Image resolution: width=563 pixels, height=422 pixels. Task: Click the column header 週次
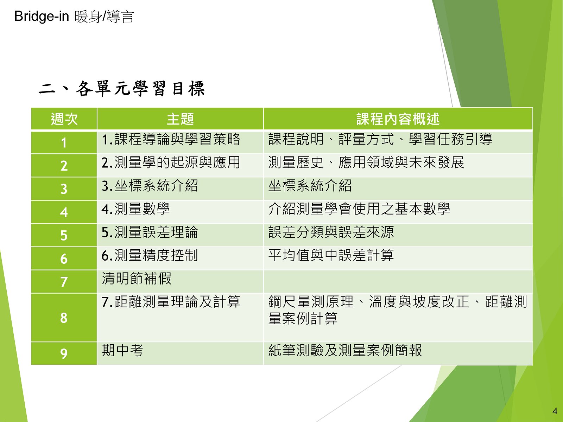(64, 119)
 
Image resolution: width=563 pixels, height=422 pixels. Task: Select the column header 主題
(180, 119)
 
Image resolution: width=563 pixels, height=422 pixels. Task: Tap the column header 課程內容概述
(398, 119)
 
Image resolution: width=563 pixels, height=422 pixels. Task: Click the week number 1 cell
(64, 143)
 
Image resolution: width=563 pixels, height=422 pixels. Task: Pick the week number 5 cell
(64, 235)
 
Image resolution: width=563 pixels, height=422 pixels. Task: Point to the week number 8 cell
(64, 318)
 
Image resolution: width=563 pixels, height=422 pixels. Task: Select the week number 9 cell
(64, 353)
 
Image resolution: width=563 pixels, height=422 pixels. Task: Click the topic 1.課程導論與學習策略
(171, 139)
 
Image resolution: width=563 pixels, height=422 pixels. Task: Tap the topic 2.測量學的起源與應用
(171, 162)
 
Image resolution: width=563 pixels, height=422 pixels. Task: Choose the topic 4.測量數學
(136, 209)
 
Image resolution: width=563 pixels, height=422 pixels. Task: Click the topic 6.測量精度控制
(150, 255)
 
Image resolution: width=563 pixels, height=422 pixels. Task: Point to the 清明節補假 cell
(137, 278)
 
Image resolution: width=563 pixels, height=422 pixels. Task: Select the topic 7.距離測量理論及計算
(171, 302)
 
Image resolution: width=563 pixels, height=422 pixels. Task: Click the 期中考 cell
(122, 350)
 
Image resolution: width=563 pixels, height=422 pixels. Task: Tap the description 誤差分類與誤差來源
(331, 232)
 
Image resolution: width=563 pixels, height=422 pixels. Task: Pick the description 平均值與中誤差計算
(331, 255)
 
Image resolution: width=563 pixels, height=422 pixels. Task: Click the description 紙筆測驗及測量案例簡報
(345, 350)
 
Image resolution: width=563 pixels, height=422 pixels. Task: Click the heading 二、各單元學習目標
(122, 89)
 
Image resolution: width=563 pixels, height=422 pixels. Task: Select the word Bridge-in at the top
(42, 16)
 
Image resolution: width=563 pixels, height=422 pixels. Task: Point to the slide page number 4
(555, 411)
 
